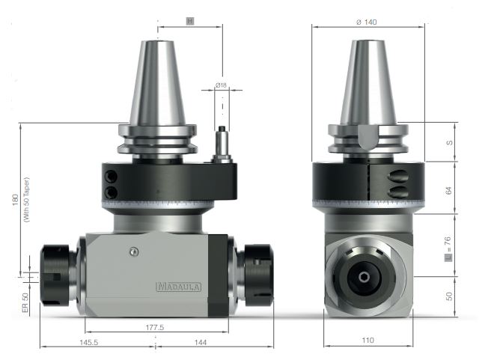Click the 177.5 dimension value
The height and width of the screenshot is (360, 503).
pyautogui.click(x=156, y=327)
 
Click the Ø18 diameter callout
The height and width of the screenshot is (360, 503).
pyautogui.click(x=222, y=86)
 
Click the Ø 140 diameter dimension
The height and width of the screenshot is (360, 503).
pyautogui.click(x=367, y=22)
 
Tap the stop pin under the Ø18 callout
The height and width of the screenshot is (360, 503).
pyautogui.click(x=222, y=145)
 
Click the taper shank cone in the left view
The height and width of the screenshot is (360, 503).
pyautogui.click(x=157, y=82)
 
